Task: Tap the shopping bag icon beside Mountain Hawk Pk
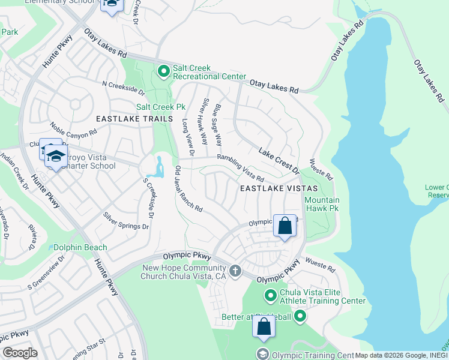285,226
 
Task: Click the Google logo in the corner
19,353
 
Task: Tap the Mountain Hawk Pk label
322,204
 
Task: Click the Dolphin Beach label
80,247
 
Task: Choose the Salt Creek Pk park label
160,107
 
